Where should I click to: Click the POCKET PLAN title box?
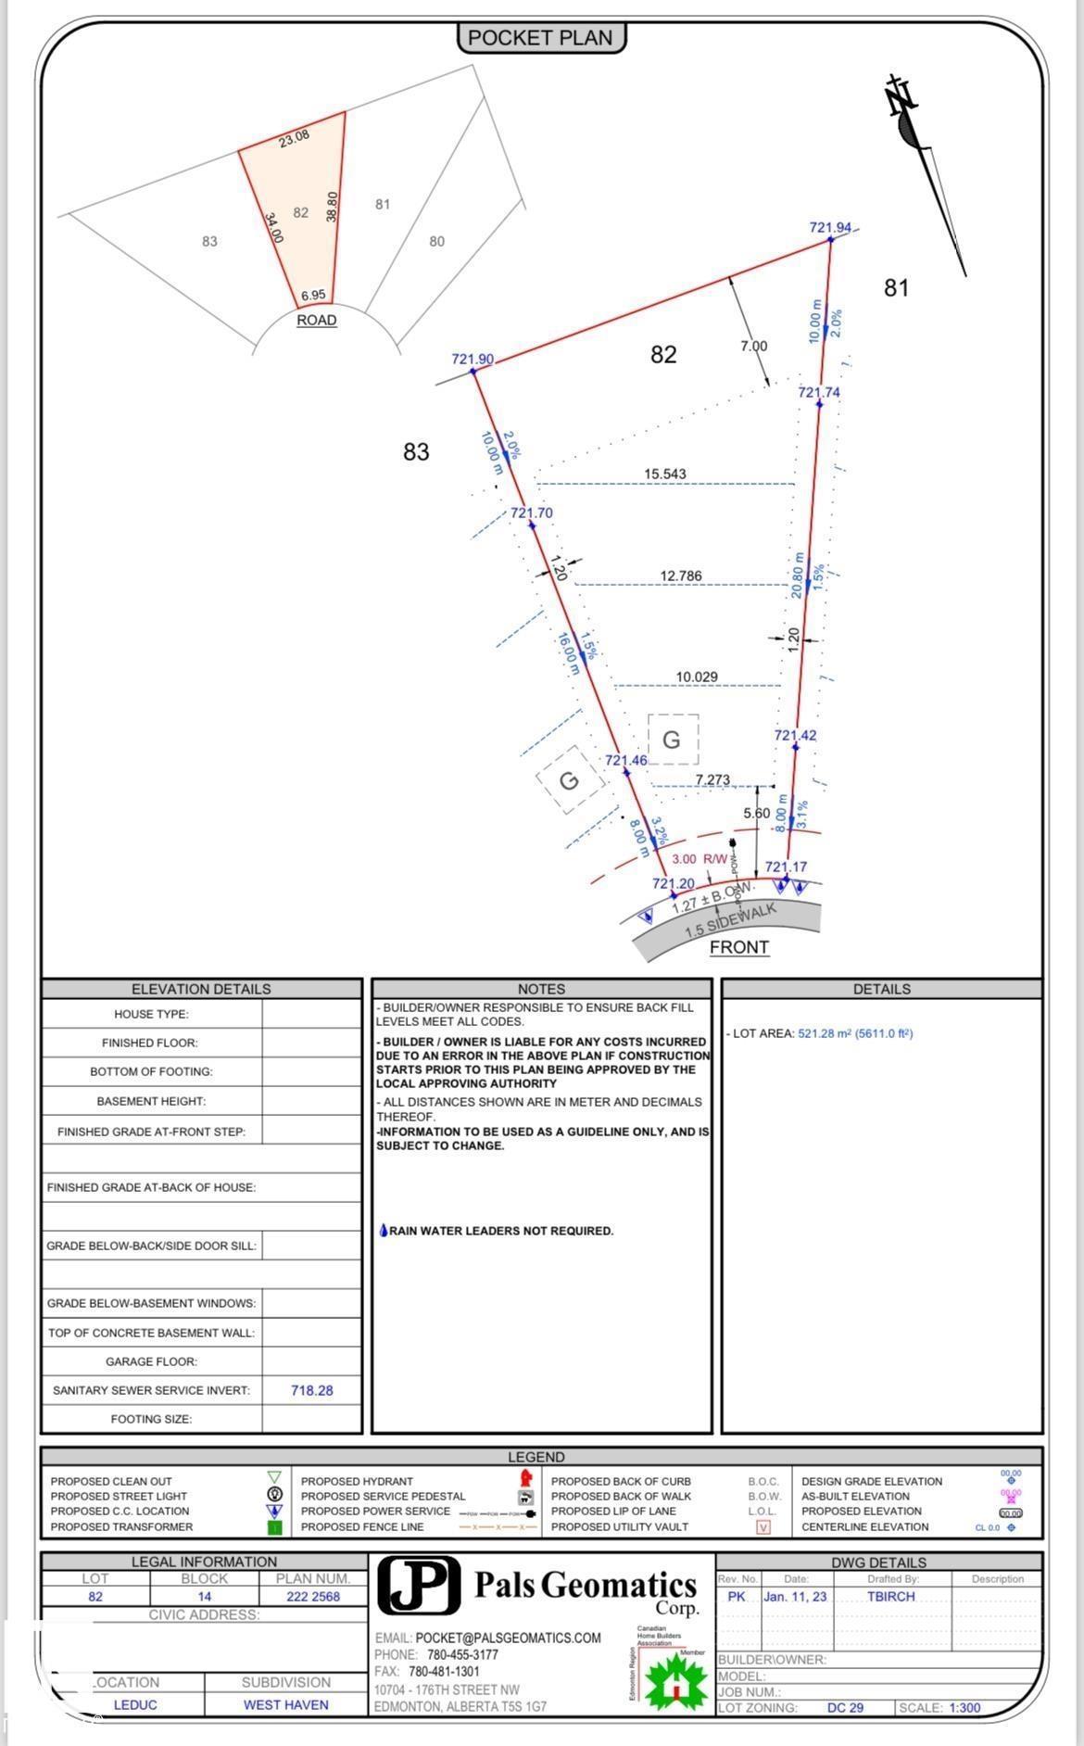(x=540, y=38)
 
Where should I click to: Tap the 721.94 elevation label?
(x=829, y=228)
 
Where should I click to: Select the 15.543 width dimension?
(x=665, y=474)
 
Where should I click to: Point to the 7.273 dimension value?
(x=712, y=779)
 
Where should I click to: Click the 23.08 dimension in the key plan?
(x=294, y=139)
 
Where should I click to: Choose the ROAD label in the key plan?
(x=316, y=320)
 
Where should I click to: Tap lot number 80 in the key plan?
(x=436, y=242)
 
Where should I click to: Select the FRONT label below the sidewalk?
(x=738, y=947)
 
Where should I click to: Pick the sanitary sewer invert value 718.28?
(x=311, y=1390)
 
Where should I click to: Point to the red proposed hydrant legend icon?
(x=526, y=1476)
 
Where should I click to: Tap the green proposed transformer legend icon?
(x=274, y=1527)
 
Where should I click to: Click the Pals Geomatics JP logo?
(x=419, y=1586)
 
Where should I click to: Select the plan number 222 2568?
(x=312, y=1597)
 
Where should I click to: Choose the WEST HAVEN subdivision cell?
(x=285, y=1705)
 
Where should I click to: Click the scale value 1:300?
(x=964, y=1708)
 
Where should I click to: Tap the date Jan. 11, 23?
(x=795, y=1597)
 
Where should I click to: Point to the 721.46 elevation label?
(x=626, y=761)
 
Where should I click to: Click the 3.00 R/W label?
(x=700, y=859)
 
